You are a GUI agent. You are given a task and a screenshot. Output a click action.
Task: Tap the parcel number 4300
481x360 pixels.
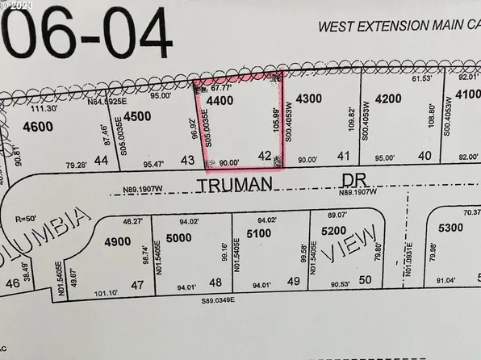310,98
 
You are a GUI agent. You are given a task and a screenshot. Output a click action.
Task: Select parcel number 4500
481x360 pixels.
137,116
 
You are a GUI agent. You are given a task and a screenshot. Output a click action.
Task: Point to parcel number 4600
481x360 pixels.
38,127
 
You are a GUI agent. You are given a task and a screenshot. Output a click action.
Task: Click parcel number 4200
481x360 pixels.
388,99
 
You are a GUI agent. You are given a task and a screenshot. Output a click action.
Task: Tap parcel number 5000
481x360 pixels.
180,237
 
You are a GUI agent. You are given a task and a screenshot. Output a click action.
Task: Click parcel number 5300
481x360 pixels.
451,228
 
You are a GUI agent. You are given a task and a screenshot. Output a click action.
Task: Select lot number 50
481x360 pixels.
365,279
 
